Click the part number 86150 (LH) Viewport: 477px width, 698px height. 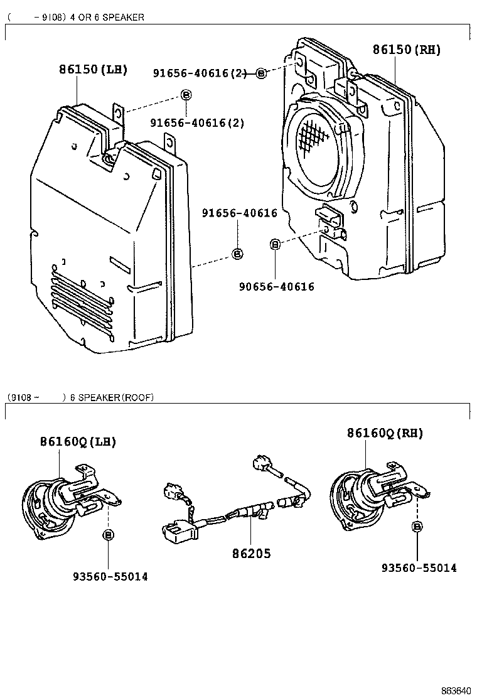[x=93, y=69]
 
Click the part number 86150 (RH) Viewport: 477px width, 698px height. [x=406, y=50]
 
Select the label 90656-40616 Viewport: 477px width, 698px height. [x=276, y=287]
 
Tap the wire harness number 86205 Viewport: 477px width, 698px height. [x=251, y=554]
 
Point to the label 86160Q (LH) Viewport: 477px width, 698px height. [x=78, y=441]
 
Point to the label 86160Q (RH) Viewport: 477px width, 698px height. [x=385, y=433]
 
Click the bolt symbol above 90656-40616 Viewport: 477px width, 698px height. [x=274, y=244]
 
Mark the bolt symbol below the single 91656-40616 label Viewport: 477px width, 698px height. [x=237, y=254]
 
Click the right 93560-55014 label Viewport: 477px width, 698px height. [x=419, y=568]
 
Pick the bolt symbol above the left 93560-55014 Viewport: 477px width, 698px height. [x=108, y=534]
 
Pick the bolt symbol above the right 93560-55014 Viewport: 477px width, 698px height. [x=417, y=526]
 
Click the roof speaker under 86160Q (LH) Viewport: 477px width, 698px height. [x=53, y=505]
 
